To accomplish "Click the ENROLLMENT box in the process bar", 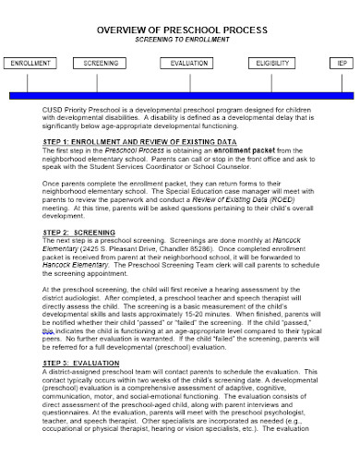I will click(x=30, y=64).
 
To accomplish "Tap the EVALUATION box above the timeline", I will click(x=189, y=64).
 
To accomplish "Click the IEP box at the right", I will click(x=343, y=64).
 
